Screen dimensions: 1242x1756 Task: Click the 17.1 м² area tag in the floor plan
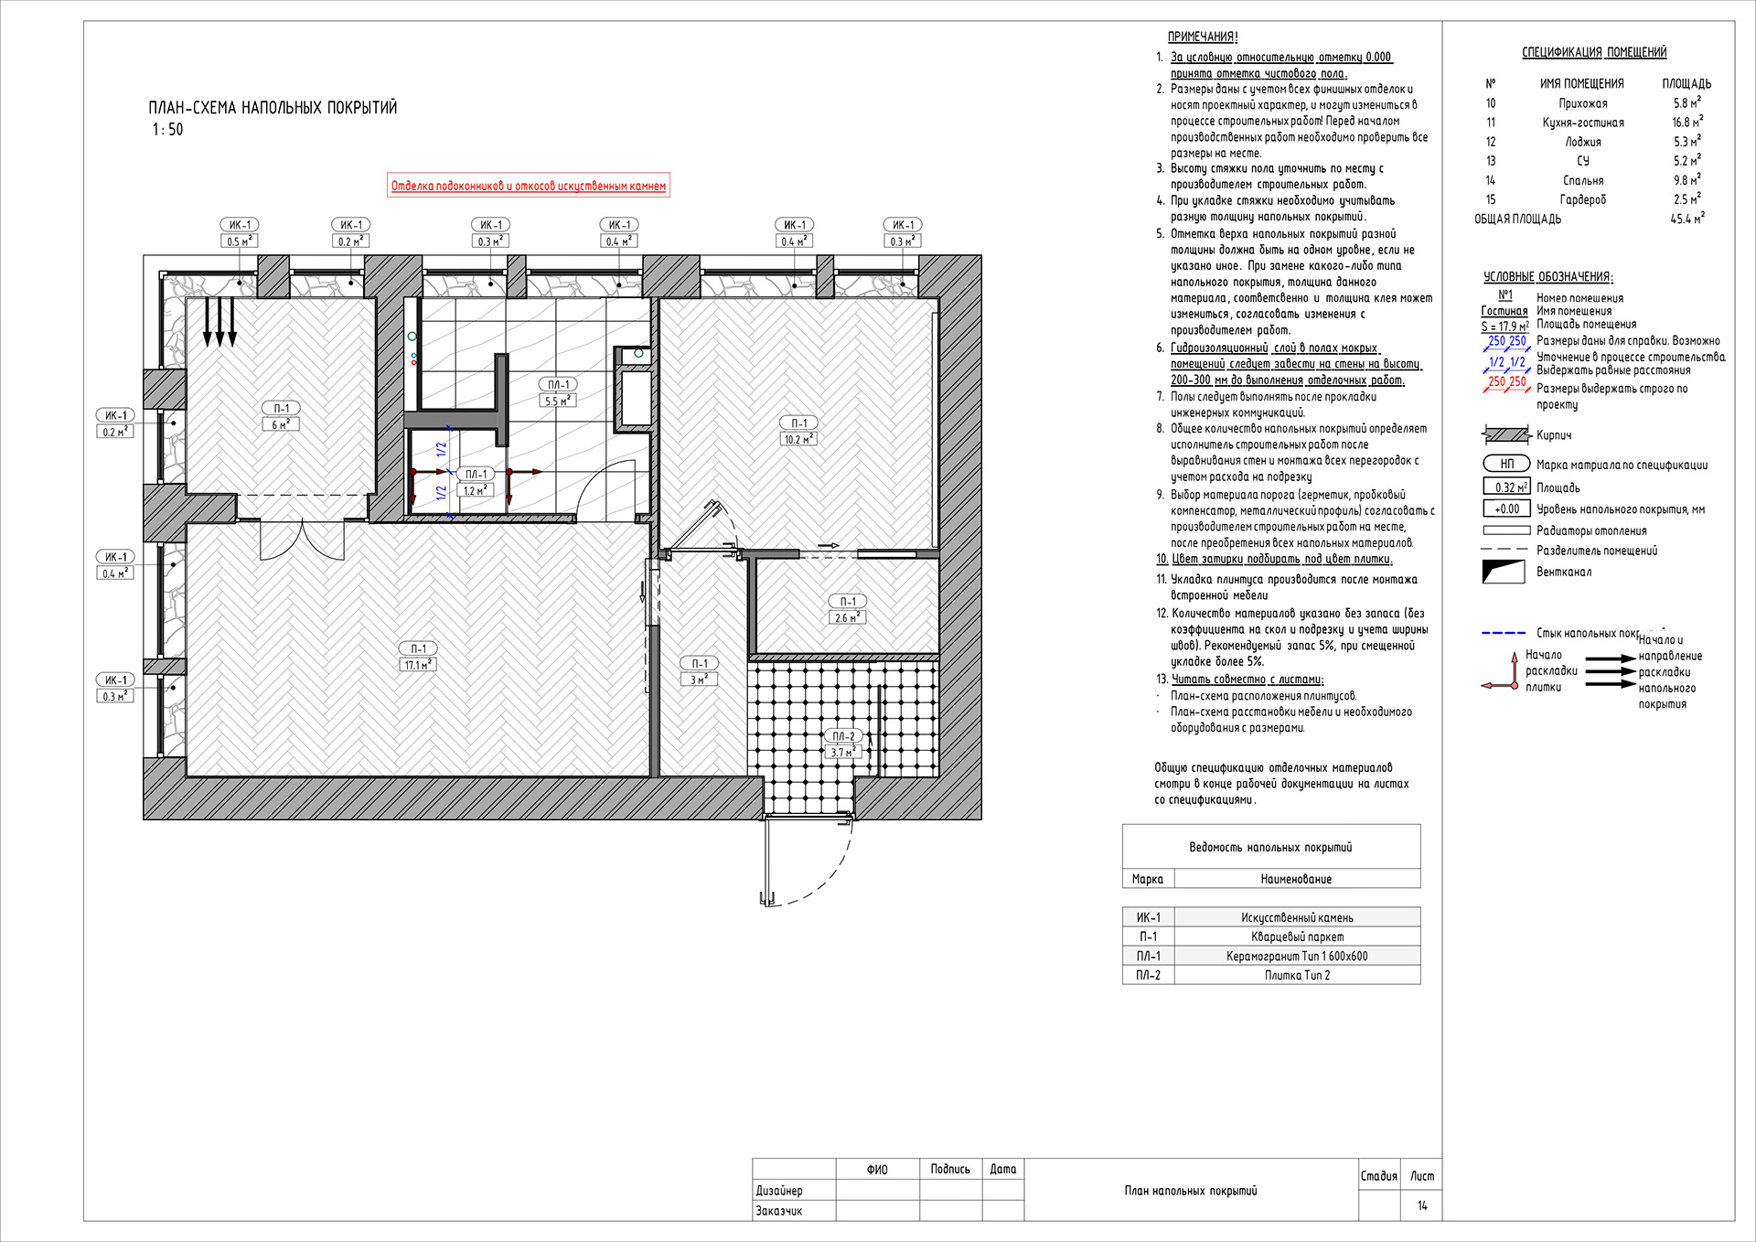click(417, 665)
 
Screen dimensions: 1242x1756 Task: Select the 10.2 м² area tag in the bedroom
click(798, 439)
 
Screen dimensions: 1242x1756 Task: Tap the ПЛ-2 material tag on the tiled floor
click(843, 736)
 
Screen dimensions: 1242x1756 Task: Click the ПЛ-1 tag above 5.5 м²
click(558, 385)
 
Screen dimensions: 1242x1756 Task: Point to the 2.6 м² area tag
click(848, 617)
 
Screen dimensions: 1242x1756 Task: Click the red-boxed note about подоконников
click(529, 186)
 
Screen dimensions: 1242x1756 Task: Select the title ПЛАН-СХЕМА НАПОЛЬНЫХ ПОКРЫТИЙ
click(273, 108)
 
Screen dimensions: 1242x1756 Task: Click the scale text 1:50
click(167, 130)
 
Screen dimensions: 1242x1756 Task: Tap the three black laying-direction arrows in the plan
click(219, 322)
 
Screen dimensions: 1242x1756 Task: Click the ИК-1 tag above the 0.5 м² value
click(240, 225)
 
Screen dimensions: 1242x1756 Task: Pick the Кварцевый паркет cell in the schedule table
click(1297, 937)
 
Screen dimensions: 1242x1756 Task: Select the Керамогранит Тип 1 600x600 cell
click(1297, 956)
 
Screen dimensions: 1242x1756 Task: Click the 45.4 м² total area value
click(1686, 219)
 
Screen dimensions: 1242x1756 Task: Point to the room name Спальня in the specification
click(1582, 180)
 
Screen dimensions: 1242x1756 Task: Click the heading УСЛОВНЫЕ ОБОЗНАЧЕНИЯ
click(1547, 276)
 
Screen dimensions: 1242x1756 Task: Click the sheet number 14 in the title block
click(1422, 1205)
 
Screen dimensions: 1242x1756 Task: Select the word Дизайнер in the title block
click(779, 1190)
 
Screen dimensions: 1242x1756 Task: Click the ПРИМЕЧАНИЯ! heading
click(1202, 37)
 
